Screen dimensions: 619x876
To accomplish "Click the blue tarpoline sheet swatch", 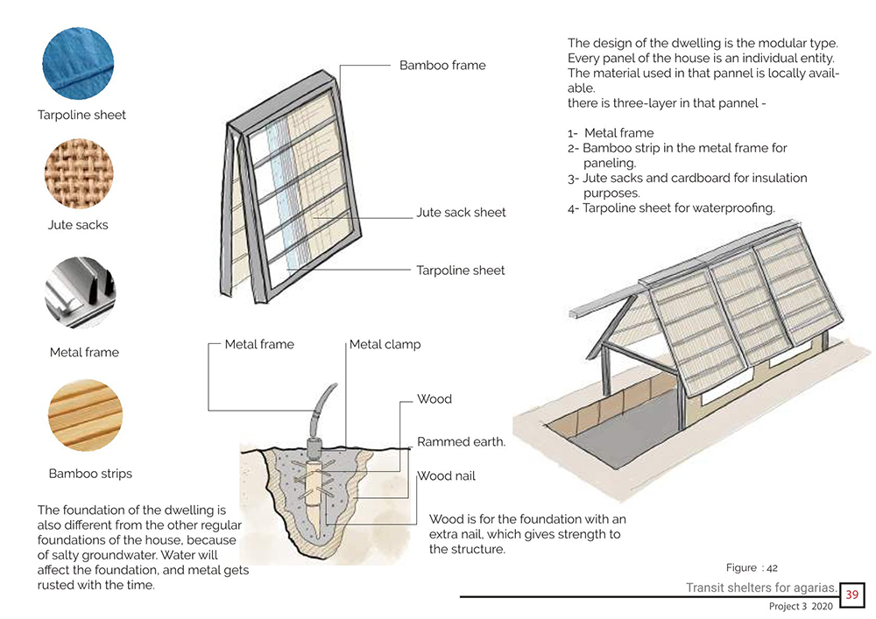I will pyautogui.click(x=80, y=62).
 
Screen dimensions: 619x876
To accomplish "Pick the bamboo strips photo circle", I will pyautogui.click(x=84, y=414).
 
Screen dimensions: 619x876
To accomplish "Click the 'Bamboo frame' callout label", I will pyautogui.click(x=442, y=66).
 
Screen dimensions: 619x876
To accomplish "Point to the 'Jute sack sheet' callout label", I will pyautogui.click(x=461, y=213).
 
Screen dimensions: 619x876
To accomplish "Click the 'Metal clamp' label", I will pyautogui.click(x=385, y=345).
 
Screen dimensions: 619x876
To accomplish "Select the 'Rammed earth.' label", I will pyautogui.click(x=461, y=442).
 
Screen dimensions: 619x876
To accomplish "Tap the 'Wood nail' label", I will pyautogui.click(x=446, y=477).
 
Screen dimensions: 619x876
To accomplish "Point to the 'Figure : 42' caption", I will pyautogui.click(x=752, y=568).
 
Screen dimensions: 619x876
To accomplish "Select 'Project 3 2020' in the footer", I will pyautogui.click(x=797, y=606).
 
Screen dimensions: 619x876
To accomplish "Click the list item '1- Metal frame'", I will pyautogui.click(x=611, y=134).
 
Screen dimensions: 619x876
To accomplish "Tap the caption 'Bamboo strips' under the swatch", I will pyautogui.click(x=90, y=475).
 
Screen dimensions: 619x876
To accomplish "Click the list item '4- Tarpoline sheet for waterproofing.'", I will pyautogui.click(x=671, y=208).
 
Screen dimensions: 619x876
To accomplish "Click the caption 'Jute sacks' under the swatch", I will pyautogui.click(x=78, y=225).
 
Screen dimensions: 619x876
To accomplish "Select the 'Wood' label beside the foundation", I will pyautogui.click(x=434, y=399).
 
